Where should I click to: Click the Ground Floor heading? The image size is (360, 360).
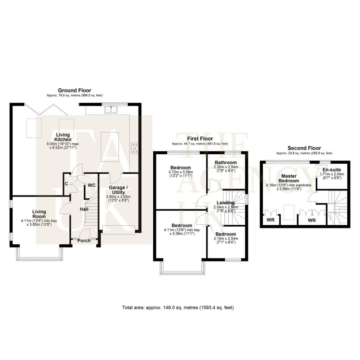(x=75, y=90)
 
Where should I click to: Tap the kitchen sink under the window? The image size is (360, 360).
(x=111, y=110)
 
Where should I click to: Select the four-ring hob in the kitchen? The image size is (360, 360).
(x=135, y=148)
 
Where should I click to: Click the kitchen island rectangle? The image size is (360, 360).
(x=110, y=147)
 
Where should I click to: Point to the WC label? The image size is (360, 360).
(x=92, y=185)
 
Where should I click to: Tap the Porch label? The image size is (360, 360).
(x=84, y=240)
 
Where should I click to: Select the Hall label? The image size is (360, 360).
(x=84, y=209)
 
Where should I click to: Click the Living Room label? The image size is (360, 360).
(x=39, y=214)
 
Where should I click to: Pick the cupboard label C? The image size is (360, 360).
(x=66, y=184)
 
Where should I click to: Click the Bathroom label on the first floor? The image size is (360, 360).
(x=226, y=162)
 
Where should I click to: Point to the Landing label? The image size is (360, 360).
(x=226, y=203)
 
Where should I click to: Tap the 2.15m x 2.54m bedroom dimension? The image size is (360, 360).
(x=226, y=239)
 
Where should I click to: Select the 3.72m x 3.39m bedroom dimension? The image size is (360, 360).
(x=180, y=172)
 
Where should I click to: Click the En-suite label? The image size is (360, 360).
(x=332, y=170)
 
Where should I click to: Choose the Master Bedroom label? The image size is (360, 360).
(x=289, y=178)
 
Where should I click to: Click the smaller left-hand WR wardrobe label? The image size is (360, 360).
(x=271, y=220)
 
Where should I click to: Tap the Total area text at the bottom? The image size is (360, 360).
(x=178, y=307)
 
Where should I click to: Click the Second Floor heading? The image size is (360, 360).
(x=304, y=148)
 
